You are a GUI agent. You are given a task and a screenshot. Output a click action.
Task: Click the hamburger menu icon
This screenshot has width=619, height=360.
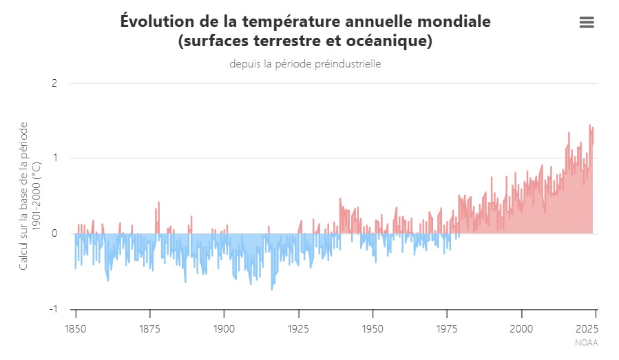pos(587,23)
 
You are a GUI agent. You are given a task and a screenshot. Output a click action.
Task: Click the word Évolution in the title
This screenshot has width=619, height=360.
pos(154,21)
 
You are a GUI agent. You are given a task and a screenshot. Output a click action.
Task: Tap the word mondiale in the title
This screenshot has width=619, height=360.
pos(457,21)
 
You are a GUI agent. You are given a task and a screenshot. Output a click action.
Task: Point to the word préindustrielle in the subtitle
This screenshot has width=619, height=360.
pos(348,64)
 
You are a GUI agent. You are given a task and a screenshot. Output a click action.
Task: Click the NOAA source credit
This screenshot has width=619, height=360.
pos(586,342)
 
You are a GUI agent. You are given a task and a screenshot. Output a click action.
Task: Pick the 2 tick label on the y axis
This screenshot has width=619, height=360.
pos(54,84)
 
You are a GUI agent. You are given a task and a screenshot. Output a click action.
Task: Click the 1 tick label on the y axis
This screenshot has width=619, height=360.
pos(54,158)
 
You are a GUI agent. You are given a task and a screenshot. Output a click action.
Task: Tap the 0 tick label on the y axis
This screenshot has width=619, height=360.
pos(54,233)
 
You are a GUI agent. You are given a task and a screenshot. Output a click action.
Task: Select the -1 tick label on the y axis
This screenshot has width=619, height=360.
pos(52,308)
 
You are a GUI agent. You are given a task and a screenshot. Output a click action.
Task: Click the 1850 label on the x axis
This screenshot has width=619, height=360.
pos(75,328)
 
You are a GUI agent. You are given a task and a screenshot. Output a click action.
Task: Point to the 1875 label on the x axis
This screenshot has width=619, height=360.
pos(149,328)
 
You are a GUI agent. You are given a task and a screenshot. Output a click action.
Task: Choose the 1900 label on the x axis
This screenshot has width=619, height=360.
pos(224,328)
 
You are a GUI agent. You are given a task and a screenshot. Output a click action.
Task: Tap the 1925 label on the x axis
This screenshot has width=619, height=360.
pos(298,328)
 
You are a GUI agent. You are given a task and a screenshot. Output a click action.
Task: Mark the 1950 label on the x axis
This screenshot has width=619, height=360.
pos(373,328)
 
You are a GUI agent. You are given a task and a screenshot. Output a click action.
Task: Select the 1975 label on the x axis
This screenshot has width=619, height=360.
pos(447,328)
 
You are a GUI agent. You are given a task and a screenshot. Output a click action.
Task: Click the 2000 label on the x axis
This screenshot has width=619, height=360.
pos(521,328)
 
